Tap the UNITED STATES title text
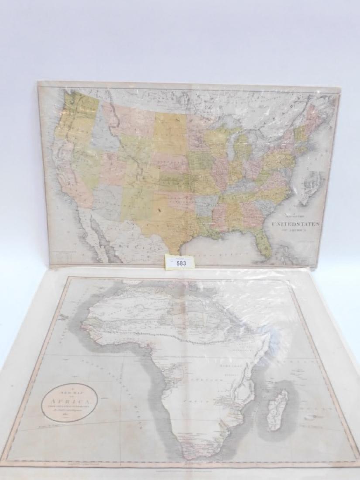(x=302, y=223)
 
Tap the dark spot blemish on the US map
(x=160, y=210)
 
